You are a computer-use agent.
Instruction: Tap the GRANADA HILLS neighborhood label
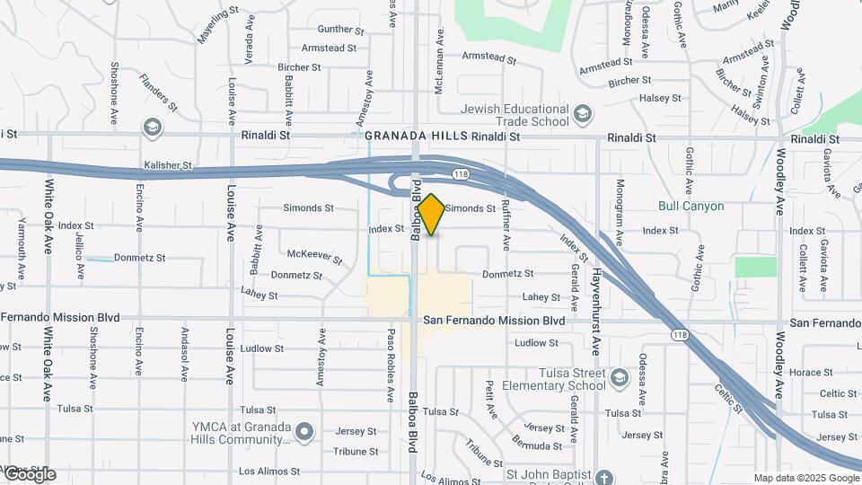point(416,136)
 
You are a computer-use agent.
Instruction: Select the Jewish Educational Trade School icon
point(584,114)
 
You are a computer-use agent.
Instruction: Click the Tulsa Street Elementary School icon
point(618,378)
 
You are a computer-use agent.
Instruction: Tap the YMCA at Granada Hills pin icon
point(305,433)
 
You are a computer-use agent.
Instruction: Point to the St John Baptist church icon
point(604,477)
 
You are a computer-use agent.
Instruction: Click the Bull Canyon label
point(690,206)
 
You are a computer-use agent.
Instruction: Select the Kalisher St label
point(168,165)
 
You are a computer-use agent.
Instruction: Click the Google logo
point(30,475)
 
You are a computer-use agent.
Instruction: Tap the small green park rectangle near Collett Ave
point(755,267)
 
